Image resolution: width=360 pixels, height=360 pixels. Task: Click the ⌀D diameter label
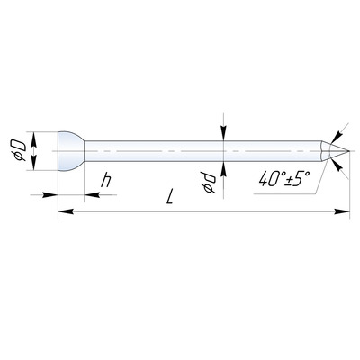point(20,150)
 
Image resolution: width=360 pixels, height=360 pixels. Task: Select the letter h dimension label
point(106,180)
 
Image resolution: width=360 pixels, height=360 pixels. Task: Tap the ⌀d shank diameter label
point(209,184)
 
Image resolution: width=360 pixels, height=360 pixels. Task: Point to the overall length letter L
point(170,196)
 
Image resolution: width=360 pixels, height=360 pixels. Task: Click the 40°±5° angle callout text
point(283,179)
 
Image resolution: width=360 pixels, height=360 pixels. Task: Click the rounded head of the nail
point(71,151)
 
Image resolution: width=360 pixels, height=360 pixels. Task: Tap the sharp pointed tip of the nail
point(349,151)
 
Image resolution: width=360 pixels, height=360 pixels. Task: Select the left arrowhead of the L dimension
point(66,211)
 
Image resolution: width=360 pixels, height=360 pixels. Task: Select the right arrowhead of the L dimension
point(342,211)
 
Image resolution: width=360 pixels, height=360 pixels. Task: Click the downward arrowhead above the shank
point(223,133)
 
